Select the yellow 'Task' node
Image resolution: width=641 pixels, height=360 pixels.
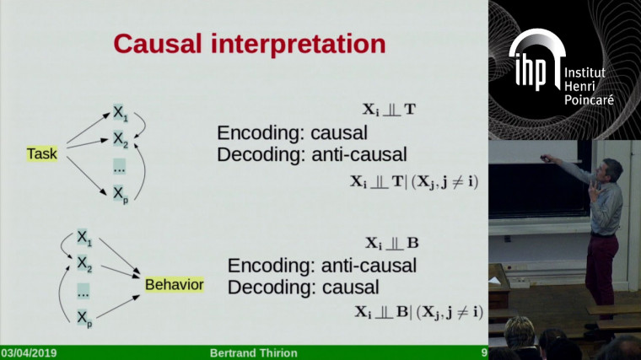tap(41, 153)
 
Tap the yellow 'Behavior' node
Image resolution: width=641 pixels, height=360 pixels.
tap(174, 284)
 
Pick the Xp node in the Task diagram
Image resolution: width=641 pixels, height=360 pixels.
tap(121, 195)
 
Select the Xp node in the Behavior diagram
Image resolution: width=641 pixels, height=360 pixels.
tap(84, 316)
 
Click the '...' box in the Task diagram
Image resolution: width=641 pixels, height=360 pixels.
tap(120, 167)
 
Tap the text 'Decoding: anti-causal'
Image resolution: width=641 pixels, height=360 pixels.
tap(312, 153)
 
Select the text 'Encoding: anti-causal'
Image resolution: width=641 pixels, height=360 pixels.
tap(321, 266)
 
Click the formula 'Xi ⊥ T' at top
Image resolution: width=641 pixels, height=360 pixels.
tap(388, 109)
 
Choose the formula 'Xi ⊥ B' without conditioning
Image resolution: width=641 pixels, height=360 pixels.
tap(391, 243)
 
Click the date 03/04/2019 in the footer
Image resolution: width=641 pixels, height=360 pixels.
tap(30, 352)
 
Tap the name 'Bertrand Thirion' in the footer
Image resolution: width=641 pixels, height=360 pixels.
tap(253, 352)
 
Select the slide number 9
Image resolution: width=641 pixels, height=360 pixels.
tap(483, 352)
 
